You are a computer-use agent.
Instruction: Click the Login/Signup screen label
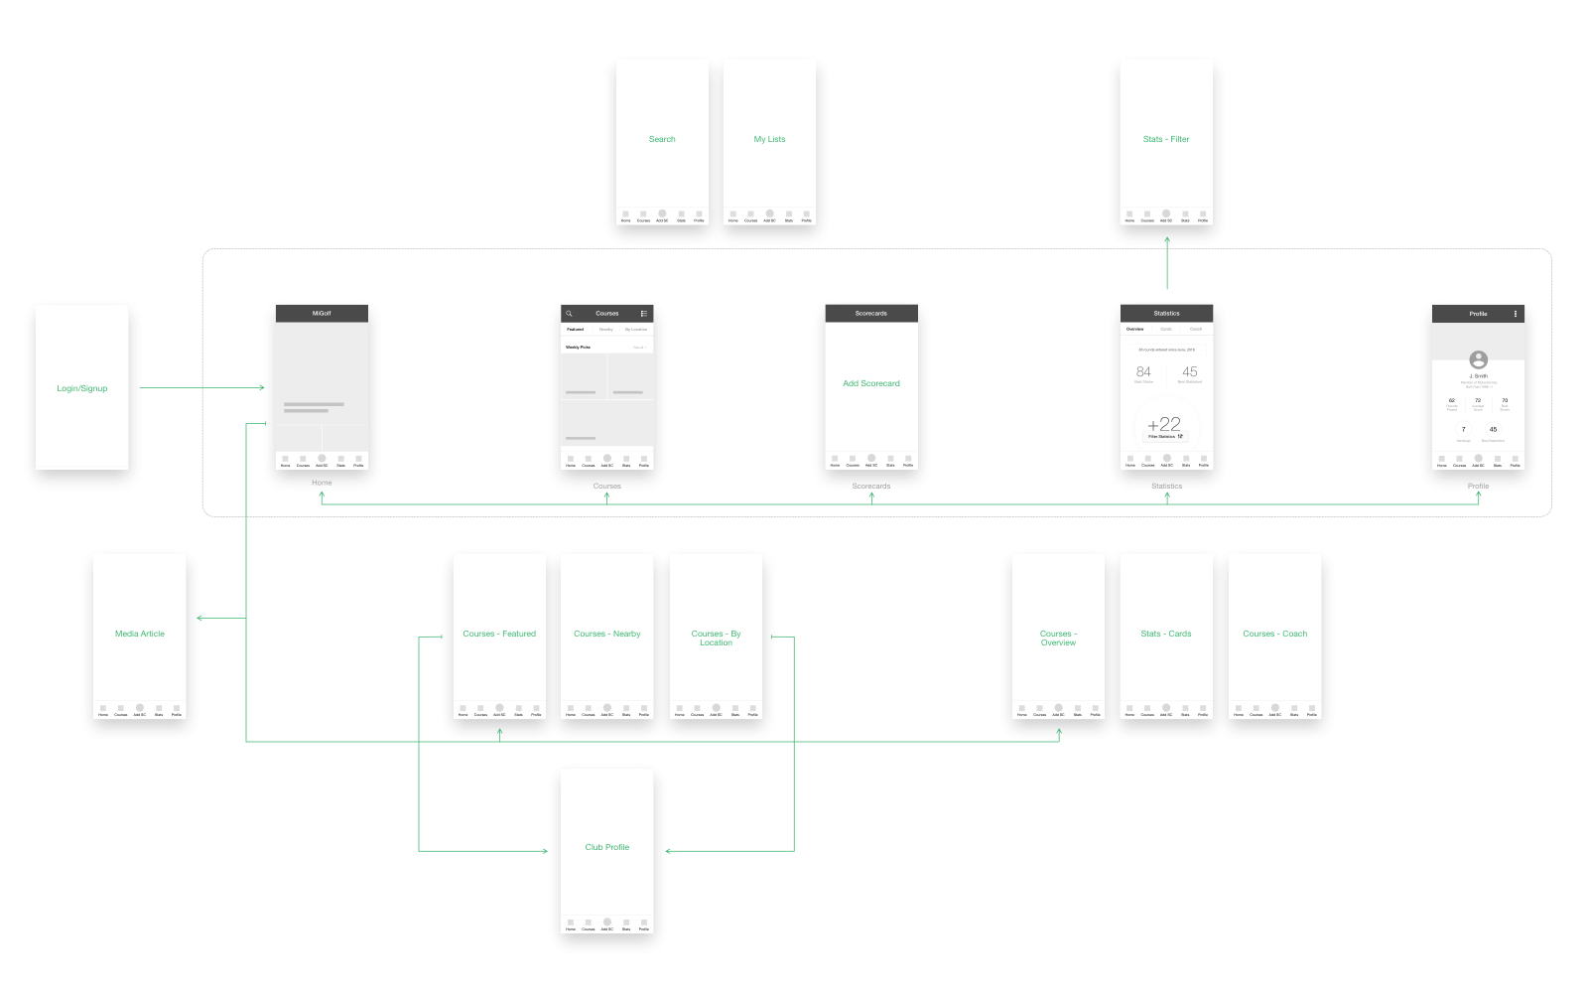[82, 388]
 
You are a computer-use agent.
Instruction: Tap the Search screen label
[662, 139]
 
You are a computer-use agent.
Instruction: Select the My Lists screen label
[769, 139]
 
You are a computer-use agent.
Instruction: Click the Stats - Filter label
[1166, 139]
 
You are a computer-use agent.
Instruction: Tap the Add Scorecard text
[871, 383]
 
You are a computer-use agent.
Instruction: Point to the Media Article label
[140, 634]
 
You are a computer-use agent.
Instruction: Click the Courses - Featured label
[499, 634]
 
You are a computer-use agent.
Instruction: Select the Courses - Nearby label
[607, 634]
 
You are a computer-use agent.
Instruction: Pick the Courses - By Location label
[716, 638]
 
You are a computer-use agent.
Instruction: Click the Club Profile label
[607, 847]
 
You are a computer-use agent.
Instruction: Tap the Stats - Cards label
[1166, 634]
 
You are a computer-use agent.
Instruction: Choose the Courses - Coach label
[1275, 634]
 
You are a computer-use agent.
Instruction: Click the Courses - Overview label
[1058, 638]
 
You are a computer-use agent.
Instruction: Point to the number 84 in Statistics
[1143, 371]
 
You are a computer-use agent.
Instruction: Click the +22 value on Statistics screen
[1164, 424]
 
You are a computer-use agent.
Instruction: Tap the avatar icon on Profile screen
[1479, 359]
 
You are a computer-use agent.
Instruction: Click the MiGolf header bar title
[322, 313]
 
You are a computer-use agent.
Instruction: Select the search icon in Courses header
[570, 314]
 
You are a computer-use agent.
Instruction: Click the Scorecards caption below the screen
[871, 486]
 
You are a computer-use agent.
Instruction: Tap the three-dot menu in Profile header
[1516, 314]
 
